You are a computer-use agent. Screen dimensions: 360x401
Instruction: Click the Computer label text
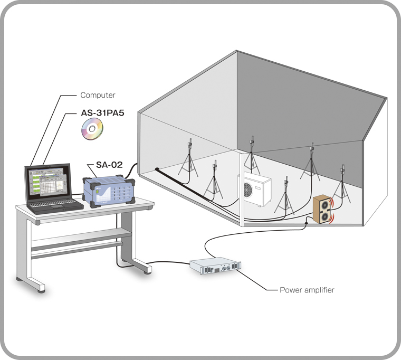98,96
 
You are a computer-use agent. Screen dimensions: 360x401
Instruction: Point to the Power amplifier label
307,290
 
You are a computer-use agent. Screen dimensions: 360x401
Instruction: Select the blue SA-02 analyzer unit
109,191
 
